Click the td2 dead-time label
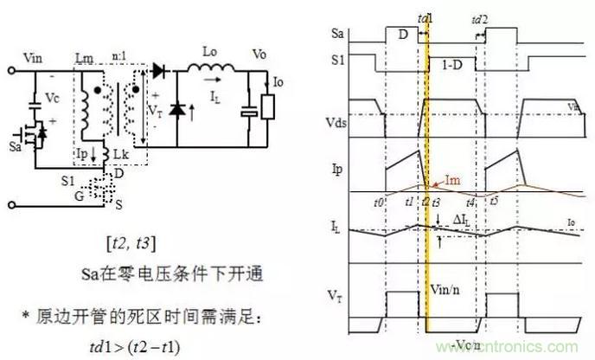480,18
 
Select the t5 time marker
494,200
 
